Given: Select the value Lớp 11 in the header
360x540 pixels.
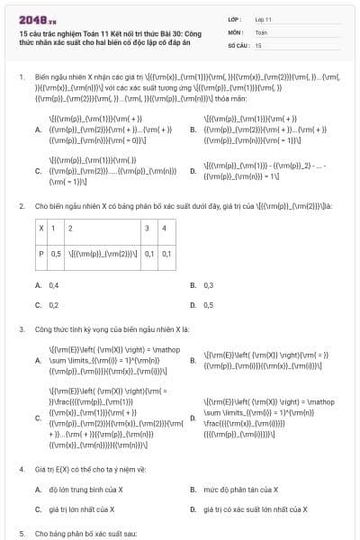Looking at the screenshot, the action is (264, 18).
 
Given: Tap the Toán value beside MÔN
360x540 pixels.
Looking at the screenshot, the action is (261, 31).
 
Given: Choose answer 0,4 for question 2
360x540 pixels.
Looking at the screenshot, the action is (54, 285).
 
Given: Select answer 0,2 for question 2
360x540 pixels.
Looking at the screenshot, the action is (54, 305).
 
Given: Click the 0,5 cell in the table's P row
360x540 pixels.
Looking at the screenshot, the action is (56, 254).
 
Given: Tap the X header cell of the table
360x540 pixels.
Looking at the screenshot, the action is (40, 229).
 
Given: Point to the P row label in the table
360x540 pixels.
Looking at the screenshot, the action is (40, 254).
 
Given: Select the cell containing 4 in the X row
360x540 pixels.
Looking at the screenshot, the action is (163, 229).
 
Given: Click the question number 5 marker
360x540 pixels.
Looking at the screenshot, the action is (22, 533).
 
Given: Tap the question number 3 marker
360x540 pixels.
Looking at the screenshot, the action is (22, 329).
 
